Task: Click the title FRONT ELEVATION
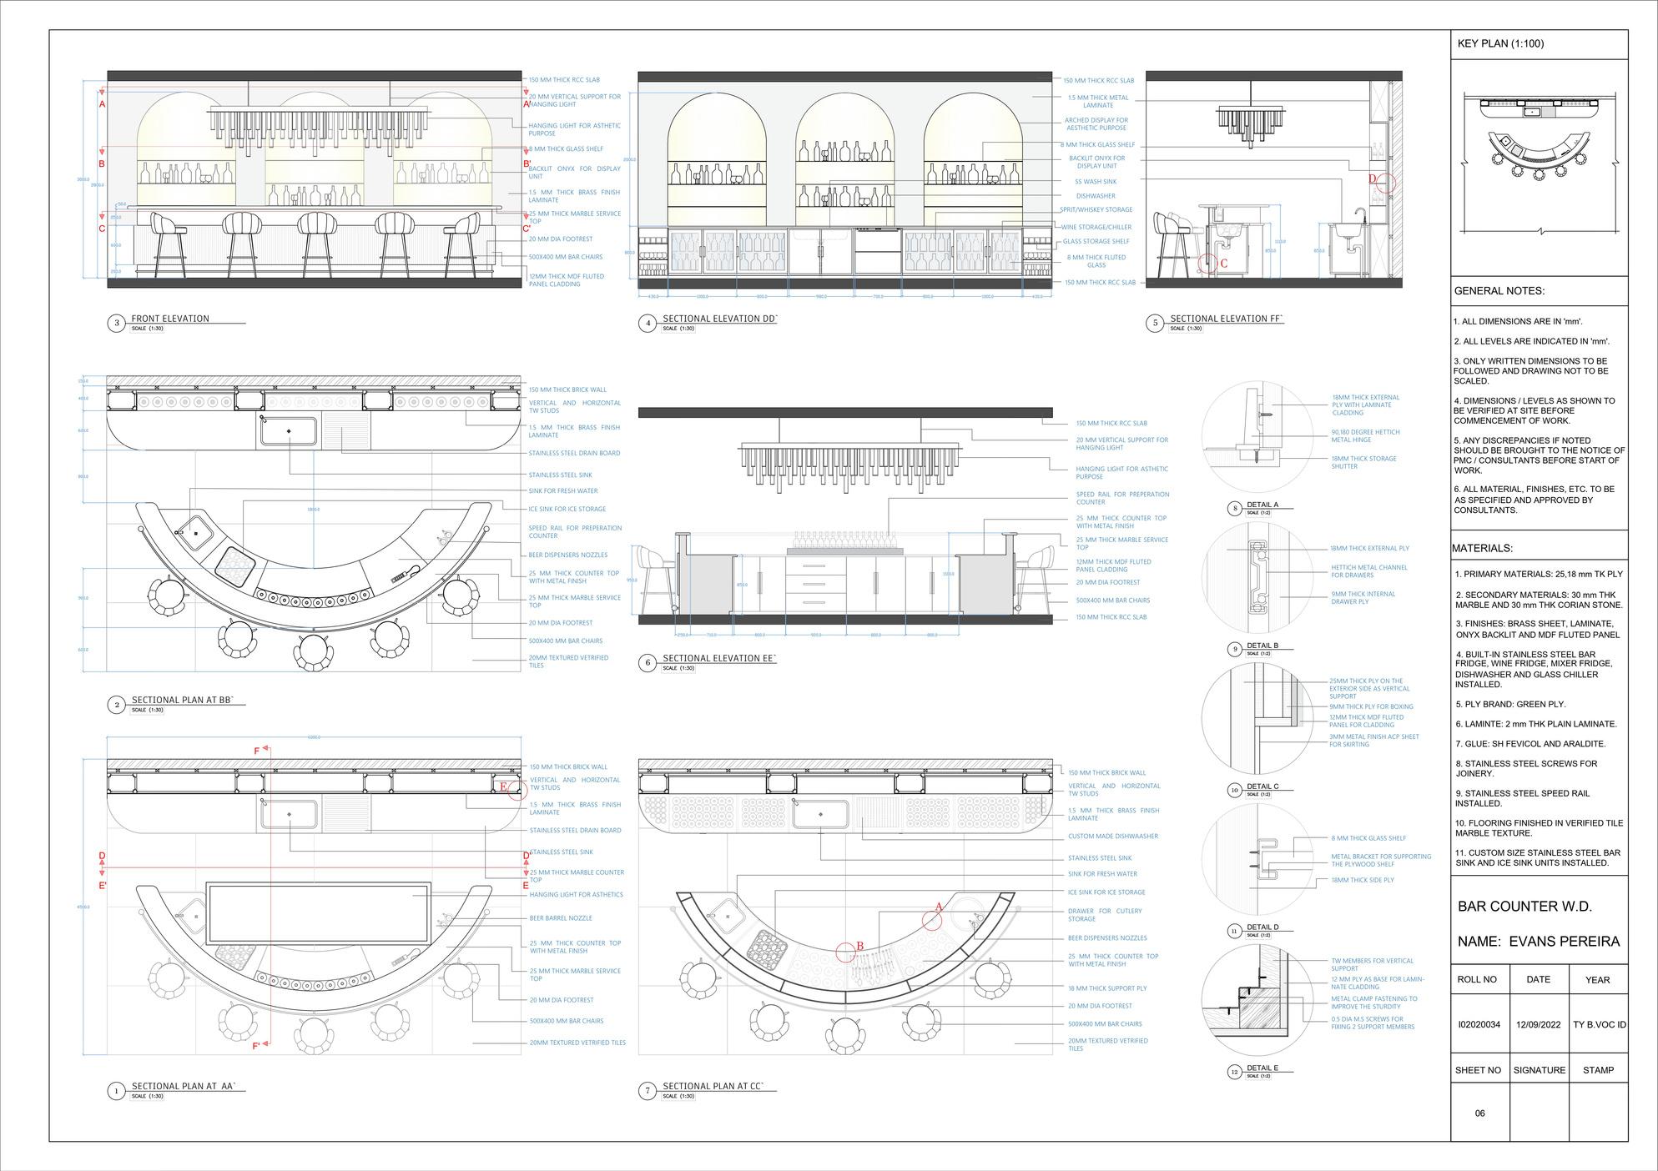[170, 319]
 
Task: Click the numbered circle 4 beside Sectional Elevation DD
[648, 324]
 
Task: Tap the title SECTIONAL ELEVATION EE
[719, 658]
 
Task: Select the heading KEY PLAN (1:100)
[1500, 43]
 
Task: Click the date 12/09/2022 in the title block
[1538, 1025]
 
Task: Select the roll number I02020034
[1479, 1025]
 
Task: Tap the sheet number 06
[1479, 1113]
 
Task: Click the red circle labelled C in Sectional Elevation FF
[1207, 263]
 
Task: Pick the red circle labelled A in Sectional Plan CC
[933, 918]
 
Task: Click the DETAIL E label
[1262, 1068]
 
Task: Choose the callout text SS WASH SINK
[1096, 181]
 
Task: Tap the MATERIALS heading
[1482, 548]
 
